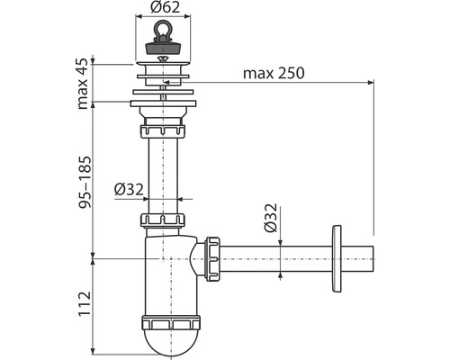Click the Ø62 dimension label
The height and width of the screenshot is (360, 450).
point(166,7)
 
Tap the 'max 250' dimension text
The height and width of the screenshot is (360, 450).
point(274,73)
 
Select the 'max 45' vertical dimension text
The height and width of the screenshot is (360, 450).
point(83,84)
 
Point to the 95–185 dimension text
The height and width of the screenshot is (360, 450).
point(84,182)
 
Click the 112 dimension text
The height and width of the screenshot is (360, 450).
point(85,303)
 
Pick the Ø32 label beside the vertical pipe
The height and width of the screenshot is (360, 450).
point(129,189)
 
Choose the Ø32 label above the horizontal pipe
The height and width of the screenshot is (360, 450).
point(271,218)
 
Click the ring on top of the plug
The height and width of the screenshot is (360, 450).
point(163,30)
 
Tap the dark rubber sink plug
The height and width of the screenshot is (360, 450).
point(163,48)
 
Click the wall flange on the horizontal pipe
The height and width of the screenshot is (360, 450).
point(337,258)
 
